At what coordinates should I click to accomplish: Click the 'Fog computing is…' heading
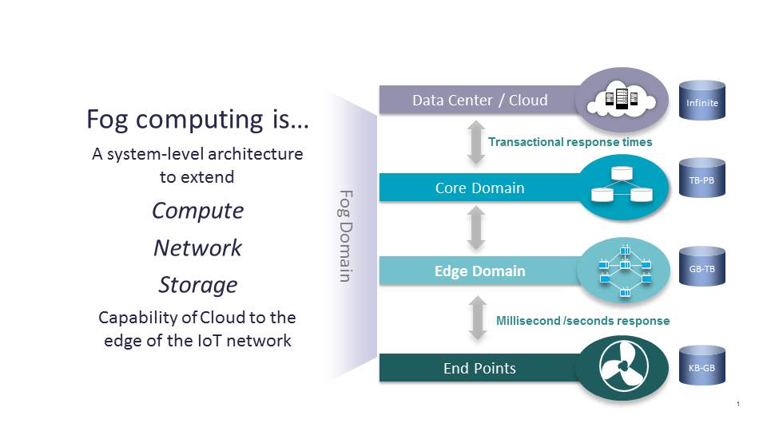click(x=197, y=120)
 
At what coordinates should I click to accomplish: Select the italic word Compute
click(x=197, y=211)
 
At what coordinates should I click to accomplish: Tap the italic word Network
click(x=197, y=247)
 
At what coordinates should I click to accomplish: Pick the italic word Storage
click(x=197, y=284)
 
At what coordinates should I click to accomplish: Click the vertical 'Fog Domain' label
click(x=345, y=235)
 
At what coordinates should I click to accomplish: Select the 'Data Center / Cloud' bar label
click(x=479, y=100)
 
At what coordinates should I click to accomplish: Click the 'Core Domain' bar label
click(x=479, y=188)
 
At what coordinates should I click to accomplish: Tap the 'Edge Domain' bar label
click(x=479, y=271)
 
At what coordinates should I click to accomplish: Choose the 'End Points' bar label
click(x=479, y=368)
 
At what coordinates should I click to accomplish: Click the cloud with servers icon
click(x=623, y=100)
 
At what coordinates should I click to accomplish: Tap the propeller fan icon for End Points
click(x=623, y=366)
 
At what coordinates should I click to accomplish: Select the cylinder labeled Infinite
click(x=702, y=101)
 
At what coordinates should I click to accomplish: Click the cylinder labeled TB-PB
click(x=702, y=180)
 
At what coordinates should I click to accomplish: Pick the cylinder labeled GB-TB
click(x=702, y=268)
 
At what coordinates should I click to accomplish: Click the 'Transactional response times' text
click(x=570, y=142)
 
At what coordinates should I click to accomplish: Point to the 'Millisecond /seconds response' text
click(x=582, y=321)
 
